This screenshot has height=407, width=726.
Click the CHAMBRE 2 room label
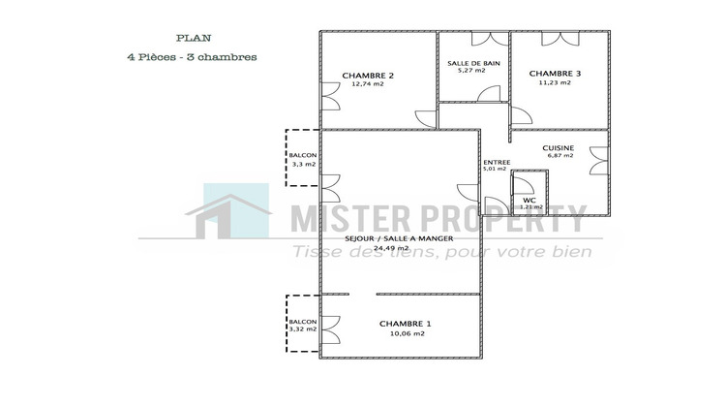pyautogui.click(x=368, y=75)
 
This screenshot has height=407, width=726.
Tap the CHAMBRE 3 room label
pyautogui.click(x=555, y=73)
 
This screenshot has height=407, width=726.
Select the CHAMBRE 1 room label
pyautogui.click(x=406, y=323)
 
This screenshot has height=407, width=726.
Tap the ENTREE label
pyautogui.click(x=495, y=162)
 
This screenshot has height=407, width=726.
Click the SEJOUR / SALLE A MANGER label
pyautogui.click(x=399, y=237)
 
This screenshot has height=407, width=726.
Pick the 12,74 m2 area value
pyautogui.click(x=368, y=84)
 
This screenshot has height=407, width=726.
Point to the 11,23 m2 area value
pyautogui.click(x=555, y=82)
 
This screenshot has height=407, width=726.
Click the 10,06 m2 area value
pyautogui.click(x=406, y=333)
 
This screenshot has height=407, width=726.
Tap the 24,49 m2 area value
pyautogui.click(x=399, y=247)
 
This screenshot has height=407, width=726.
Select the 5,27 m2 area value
pyautogui.click(x=471, y=71)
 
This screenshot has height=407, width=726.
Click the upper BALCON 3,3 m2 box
pyautogui.click(x=303, y=159)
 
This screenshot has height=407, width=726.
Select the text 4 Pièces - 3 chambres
pyautogui.click(x=191, y=56)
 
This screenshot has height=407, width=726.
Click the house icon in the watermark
pyautogui.click(x=229, y=215)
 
